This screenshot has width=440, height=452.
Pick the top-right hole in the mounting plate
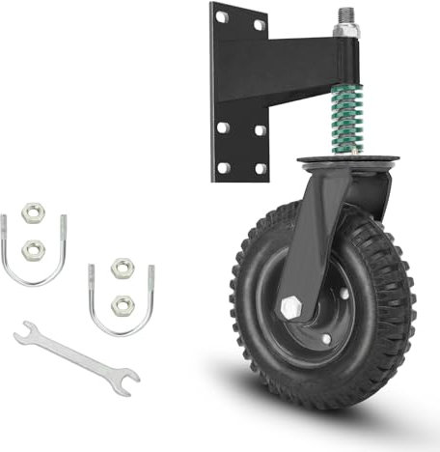259,25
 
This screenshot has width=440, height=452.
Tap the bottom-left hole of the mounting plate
222,166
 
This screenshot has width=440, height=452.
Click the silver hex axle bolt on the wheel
290,307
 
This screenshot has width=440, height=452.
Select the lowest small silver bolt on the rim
325,338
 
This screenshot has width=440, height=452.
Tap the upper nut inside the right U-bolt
121,268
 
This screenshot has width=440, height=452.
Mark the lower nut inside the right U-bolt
122,305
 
